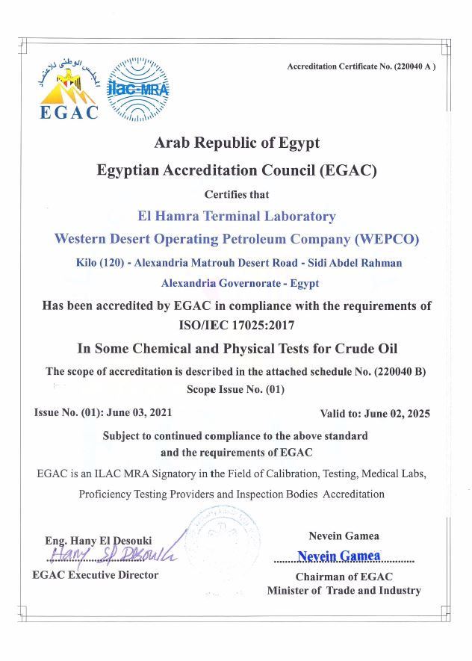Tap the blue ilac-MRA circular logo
(x=138, y=90)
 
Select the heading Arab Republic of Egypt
(x=236, y=143)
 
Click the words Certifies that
(x=236, y=194)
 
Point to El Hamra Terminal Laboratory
(x=237, y=216)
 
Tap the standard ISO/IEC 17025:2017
(x=236, y=325)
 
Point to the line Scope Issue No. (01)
(x=235, y=389)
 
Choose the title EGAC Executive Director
(x=96, y=575)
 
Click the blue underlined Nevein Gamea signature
(x=339, y=556)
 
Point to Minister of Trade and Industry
(x=344, y=591)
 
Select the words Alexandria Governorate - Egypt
(x=240, y=283)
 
